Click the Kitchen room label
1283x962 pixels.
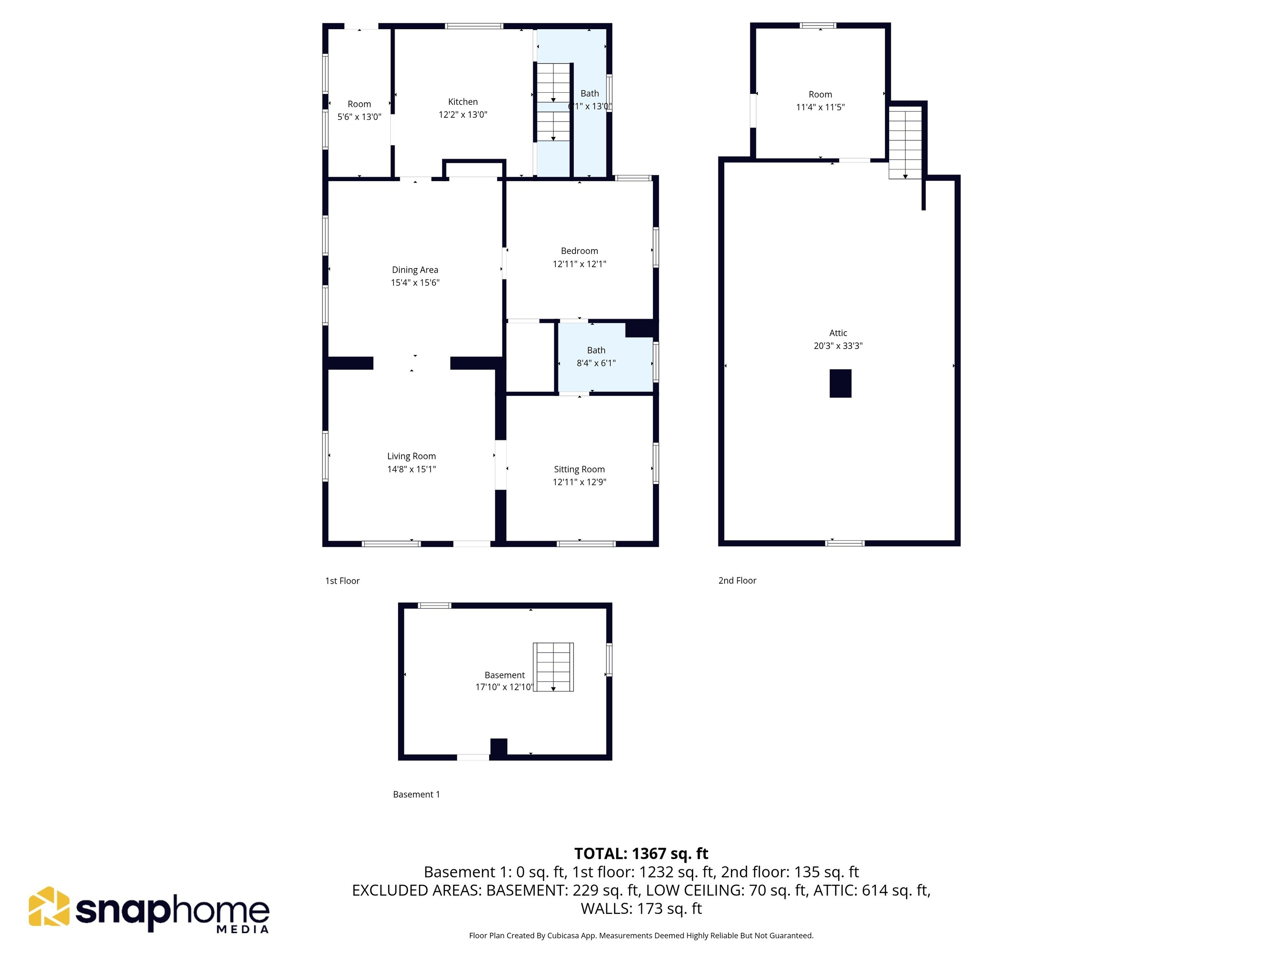462,102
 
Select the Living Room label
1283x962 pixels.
411,456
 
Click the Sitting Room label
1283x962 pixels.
579,469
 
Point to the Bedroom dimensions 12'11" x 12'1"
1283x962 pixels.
579,264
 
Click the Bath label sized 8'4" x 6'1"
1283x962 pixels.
596,350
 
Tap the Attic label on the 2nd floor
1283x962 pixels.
837,333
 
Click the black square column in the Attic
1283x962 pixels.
840,383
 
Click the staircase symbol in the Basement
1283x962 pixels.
553,667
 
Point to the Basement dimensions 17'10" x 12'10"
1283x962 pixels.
503,687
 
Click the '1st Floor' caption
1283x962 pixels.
342,580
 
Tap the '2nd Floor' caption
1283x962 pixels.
737,580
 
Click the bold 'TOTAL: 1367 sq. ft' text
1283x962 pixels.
641,853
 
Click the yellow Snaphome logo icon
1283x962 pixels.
49,906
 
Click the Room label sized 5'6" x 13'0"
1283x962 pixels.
359,104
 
